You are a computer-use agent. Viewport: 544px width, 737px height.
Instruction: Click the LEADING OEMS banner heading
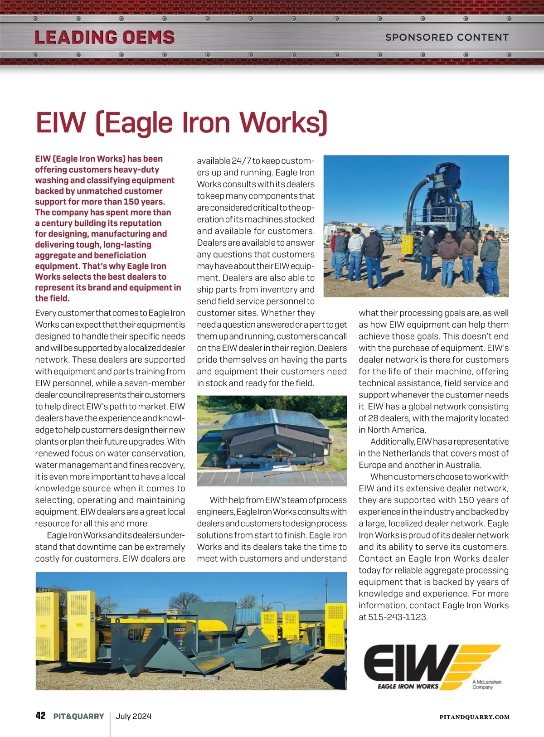[104, 37]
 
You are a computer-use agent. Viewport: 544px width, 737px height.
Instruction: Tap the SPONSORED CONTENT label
[447, 37]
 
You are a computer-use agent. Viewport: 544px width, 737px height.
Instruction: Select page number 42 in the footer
[40, 716]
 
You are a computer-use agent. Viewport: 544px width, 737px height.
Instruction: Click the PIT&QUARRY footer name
[79, 716]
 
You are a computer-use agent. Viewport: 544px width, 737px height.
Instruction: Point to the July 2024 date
[133, 716]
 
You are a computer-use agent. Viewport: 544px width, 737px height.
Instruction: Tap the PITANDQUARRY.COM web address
[474, 717]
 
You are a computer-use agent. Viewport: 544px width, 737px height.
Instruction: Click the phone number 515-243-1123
[398, 617]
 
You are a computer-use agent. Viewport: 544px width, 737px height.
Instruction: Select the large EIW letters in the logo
[408, 663]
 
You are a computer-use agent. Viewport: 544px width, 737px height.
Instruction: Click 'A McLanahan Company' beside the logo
[486, 684]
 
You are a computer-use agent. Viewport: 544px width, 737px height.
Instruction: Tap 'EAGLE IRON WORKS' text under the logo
[408, 686]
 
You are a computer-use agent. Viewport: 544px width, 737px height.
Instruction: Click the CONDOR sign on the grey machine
[180, 630]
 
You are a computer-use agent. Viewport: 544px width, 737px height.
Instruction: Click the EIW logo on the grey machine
[136, 635]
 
